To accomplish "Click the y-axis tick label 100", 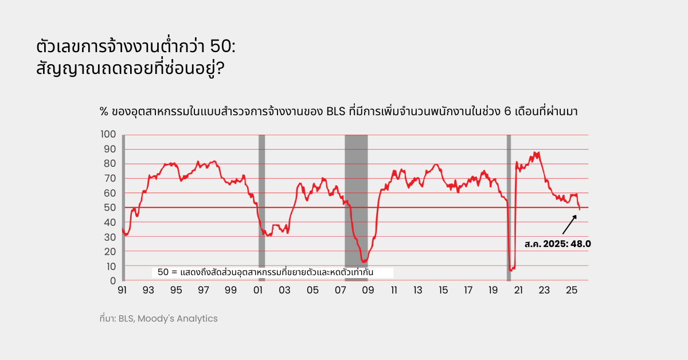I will [109, 134].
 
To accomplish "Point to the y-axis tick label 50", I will [111, 208].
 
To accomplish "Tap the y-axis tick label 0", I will [113, 281].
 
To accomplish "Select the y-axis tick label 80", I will [111, 163].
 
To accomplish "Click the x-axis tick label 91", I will [122, 291].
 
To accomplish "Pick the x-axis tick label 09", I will [368, 291].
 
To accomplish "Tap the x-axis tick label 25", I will [571, 291].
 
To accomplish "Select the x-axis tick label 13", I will [418, 291].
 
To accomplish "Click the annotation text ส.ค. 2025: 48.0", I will [557, 244].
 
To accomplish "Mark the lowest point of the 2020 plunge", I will [510, 270].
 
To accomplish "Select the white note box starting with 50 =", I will [272, 272].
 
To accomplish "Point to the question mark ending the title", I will [220, 69].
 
